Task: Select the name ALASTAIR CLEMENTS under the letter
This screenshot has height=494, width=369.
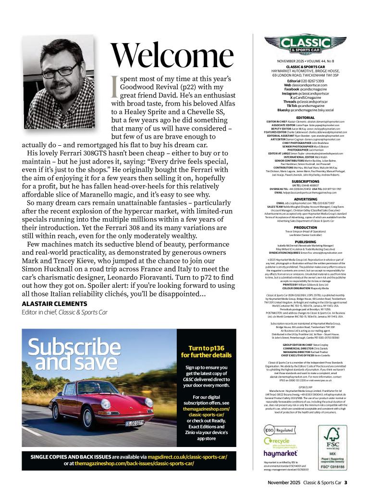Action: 54,304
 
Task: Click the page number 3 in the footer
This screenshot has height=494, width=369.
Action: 345,482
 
